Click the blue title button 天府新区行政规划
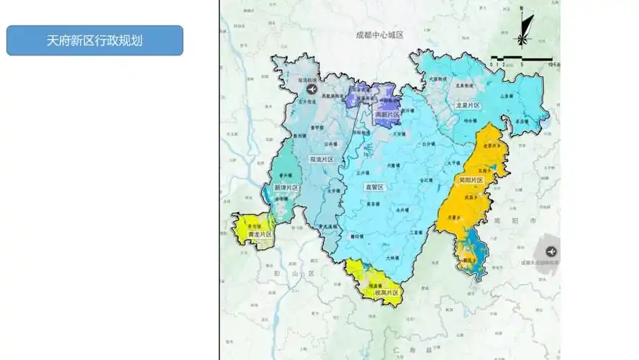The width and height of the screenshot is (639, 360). point(94,40)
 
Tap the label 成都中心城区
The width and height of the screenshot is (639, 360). point(379,35)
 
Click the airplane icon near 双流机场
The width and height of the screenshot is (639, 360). point(312,89)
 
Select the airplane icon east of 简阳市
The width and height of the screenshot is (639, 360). point(551,251)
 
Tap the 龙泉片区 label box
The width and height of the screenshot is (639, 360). point(467,105)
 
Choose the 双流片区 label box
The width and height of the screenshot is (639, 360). point(321,159)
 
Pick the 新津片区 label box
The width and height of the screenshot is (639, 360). point(286,187)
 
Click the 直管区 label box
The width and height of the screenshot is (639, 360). point(376,187)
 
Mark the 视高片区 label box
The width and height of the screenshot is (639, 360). point(386,293)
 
